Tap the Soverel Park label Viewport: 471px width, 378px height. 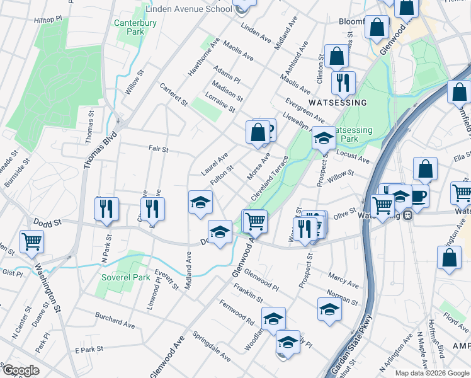(124, 277)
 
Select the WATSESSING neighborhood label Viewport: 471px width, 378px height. (337, 102)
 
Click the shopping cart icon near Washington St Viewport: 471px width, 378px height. (31, 241)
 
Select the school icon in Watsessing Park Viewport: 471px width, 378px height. (324, 137)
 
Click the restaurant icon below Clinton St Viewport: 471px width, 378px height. (343, 82)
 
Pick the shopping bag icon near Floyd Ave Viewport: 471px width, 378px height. (448, 257)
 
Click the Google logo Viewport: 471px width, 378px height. (20, 370)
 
